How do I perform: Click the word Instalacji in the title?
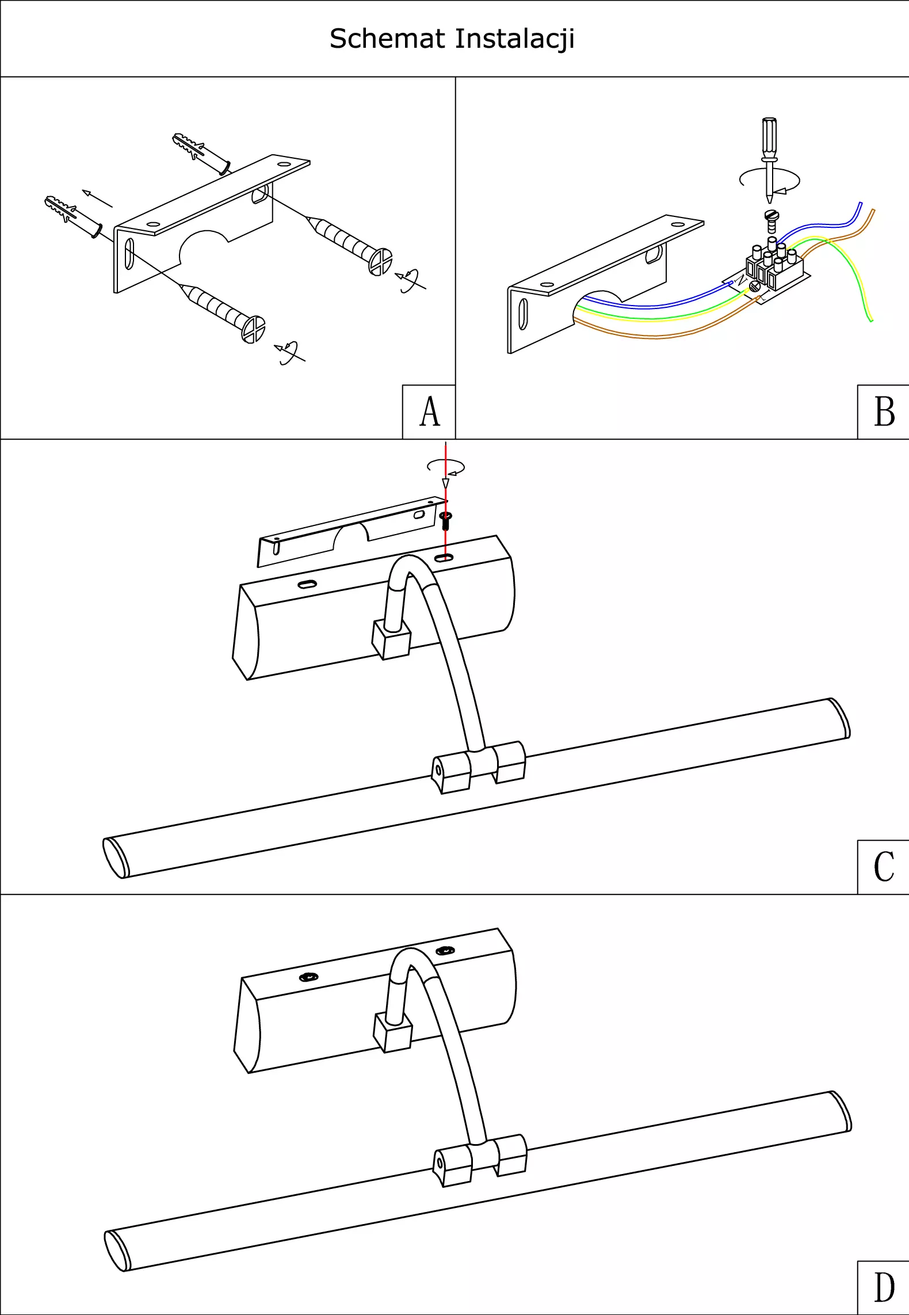[x=514, y=39]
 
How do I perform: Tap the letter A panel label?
[x=429, y=412]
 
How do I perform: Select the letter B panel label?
[x=884, y=412]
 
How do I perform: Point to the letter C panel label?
[x=884, y=867]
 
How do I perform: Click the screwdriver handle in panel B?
[x=769, y=138]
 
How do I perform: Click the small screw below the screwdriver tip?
[x=771, y=221]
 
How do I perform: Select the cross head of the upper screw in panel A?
[x=380, y=262]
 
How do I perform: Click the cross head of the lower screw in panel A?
[x=253, y=330]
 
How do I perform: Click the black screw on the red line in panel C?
[x=445, y=521]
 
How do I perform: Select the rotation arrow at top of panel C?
[x=446, y=467]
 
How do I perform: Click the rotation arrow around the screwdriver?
[x=769, y=180]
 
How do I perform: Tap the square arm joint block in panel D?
[x=393, y=1033]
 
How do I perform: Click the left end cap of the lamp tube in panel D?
[x=116, y=1251]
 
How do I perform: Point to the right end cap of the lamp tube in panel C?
[x=840, y=718]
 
